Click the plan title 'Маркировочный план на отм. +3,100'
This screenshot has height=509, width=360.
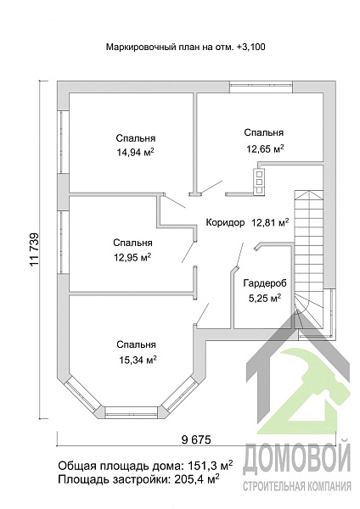[186, 47]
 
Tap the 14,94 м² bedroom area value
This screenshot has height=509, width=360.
[135, 152]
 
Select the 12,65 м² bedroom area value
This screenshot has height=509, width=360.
[265, 148]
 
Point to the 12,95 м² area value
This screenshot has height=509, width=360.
[132, 257]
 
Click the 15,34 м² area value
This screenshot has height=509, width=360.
[138, 360]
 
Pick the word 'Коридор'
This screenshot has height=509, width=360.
[225, 222]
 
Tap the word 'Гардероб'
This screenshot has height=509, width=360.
[265, 283]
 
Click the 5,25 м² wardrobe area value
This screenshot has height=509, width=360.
[265, 298]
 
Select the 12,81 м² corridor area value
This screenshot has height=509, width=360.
[270, 222]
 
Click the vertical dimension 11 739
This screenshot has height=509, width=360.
[34, 249]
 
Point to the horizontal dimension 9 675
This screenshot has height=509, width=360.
[196, 439]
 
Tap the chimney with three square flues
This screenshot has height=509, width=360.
[259, 182]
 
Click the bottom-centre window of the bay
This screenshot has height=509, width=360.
[132, 411]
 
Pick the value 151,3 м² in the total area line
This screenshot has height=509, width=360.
[211, 465]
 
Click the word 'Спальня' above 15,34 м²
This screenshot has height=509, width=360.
[137, 344]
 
